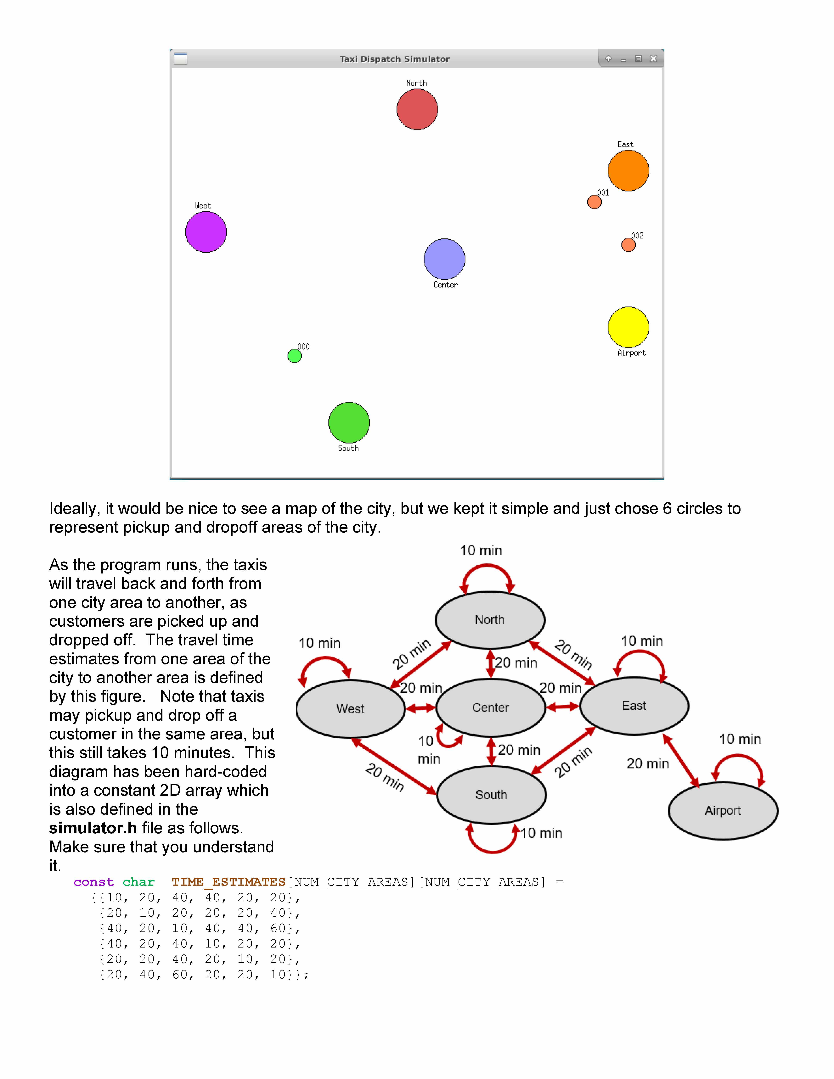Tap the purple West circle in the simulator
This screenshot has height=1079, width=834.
pyautogui.click(x=206, y=232)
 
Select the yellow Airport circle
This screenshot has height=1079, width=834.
pyautogui.click(x=628, y=327)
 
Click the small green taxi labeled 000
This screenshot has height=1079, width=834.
pyautogui.click(x=295, y=356)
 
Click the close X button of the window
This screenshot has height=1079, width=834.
pyautogui.click(x=653, y=59)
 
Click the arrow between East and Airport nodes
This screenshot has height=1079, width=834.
pyautogui.click(x=681, y=761)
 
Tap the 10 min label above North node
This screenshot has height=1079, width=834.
pyautogui.click(x=481, y=550)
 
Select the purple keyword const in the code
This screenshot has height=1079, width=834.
pyautogui.click(x=93, y=882)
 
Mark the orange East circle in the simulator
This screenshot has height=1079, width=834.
pyautogui.click(x=628, y=171)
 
